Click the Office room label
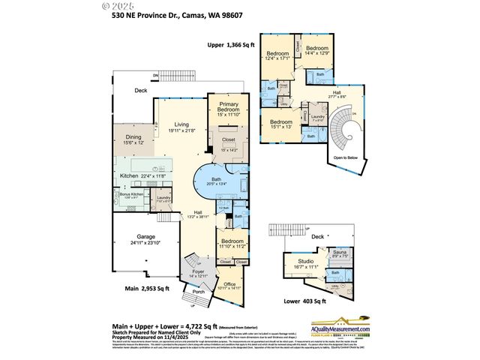pos(230,284)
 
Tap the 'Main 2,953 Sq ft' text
pos(147,288)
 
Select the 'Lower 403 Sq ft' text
pos(301,301)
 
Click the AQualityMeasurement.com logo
pos(352,324)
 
